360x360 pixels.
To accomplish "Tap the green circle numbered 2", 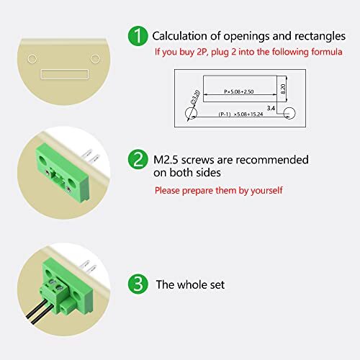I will [x=137, y=159].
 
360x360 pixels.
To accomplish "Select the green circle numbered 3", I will [x=137, y=284].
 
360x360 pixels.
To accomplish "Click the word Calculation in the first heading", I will [x=181, y=35].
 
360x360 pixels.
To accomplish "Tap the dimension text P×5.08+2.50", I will [x=239, y=91].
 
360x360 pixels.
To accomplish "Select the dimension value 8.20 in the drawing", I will [x=283, y=89].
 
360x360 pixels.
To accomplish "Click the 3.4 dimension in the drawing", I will [x=271, y=107].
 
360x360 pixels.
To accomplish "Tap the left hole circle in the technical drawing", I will [x=190, y=114].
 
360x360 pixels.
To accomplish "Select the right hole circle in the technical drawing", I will [x=289, y=112].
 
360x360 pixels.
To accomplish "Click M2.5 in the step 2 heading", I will [x=166, y=160].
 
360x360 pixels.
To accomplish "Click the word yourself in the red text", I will [x=263, y=191].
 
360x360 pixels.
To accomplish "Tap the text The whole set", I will [x=190, y=284].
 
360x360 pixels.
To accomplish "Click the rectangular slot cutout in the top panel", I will [x=64, y=73].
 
